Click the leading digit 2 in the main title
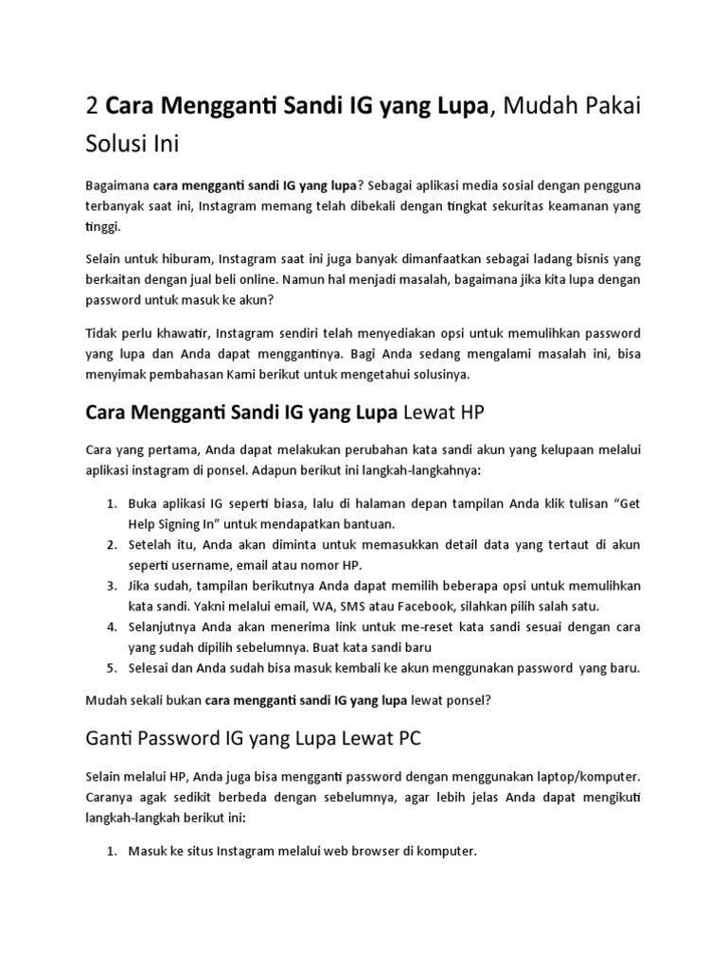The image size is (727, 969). click(92, 108)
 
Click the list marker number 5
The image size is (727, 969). click(111, 667)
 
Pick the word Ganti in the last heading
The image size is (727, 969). click(115, 738)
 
